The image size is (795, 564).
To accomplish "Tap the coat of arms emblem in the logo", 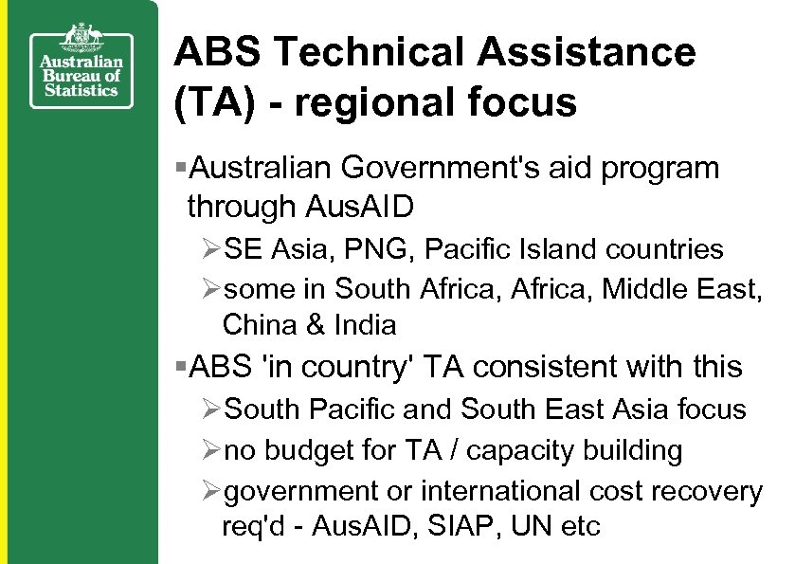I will [x=81, y=37].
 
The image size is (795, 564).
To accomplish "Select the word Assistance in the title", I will [x=587, y=52].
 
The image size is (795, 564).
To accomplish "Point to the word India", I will [x=365, y=325].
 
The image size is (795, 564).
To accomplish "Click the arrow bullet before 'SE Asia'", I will [x=212, y=250].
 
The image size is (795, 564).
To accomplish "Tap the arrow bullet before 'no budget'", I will [x=212, y=450].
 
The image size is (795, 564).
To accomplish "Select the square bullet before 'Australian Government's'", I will [x=181, y=169].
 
